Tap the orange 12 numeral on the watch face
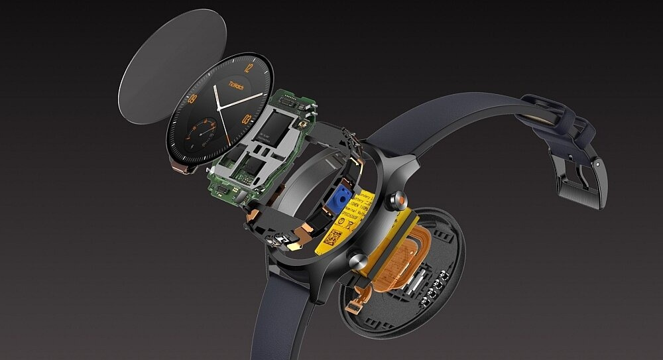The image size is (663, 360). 247,67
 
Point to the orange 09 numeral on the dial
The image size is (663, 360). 192,99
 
